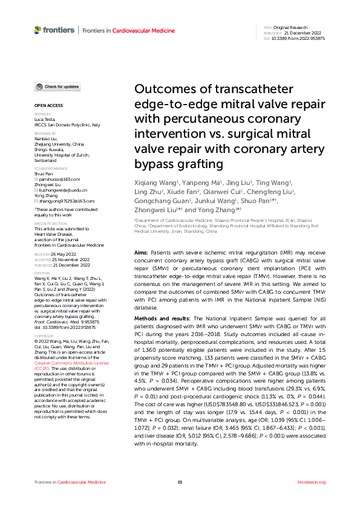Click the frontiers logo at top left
pyautogui.click(x=54, y=30)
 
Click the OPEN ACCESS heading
pyautogui.click(x=45, y=106)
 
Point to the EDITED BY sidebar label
pyautogui.click(x=42, y=114)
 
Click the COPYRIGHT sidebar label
pyautogui.click(x=44, y=334)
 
